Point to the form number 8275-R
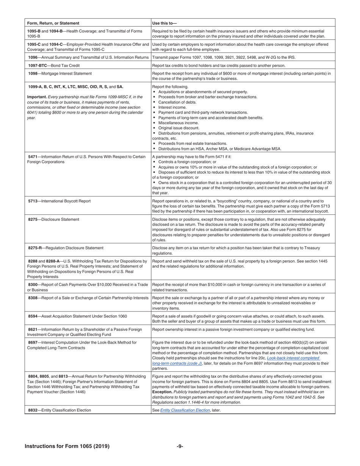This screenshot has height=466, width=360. click(36, 248)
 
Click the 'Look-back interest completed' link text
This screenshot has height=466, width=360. click(293, 358)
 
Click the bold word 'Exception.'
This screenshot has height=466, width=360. click(162, 392)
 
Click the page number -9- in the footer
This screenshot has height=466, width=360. click(180, 446)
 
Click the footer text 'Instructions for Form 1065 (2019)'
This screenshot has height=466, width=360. click(67, 446)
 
